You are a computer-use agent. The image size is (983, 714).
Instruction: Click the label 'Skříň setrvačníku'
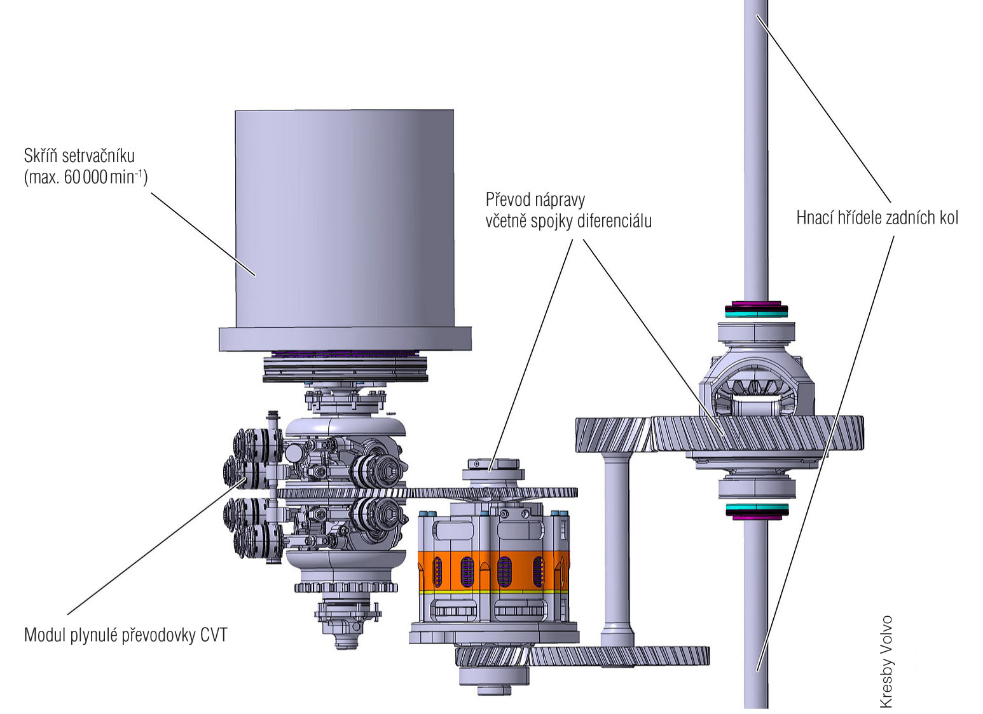79,156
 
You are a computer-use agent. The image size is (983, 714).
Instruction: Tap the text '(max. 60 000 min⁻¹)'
86,177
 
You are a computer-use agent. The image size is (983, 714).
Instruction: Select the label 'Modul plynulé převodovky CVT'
125,635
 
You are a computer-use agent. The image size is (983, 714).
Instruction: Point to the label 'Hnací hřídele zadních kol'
877,218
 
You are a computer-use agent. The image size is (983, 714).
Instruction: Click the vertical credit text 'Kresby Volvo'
886,661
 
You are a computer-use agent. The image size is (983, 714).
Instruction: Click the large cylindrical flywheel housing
345,216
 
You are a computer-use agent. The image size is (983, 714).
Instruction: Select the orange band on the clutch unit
493,570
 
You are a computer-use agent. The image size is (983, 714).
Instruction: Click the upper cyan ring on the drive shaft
756,313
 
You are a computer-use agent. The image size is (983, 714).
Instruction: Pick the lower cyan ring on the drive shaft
756,508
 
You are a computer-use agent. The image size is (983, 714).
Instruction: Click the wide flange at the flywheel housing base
345,339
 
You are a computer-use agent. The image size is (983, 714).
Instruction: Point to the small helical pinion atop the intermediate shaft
613,434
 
